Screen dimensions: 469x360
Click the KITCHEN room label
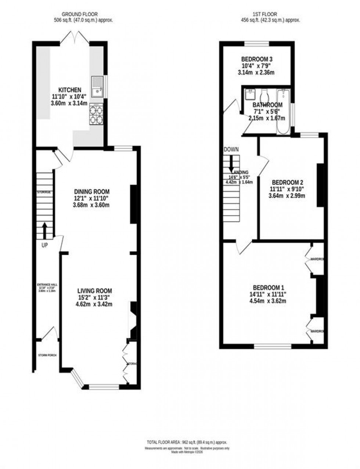point(70,90)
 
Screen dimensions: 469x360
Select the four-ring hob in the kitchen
point(97,114)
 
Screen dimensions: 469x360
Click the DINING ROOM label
point(92,192)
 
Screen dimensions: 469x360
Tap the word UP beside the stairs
point(44,245)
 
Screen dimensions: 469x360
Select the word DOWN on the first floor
point(231,149)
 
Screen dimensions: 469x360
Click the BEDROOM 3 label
point(256,59)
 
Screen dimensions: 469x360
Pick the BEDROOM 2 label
point(287,182)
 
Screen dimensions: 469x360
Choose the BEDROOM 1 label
point(268,288)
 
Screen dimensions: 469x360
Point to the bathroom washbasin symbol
point(251,93)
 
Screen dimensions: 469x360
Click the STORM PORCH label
point(47,355)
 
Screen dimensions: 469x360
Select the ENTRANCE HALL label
point(47,285)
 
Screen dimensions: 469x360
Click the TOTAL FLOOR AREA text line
point(187,442)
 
